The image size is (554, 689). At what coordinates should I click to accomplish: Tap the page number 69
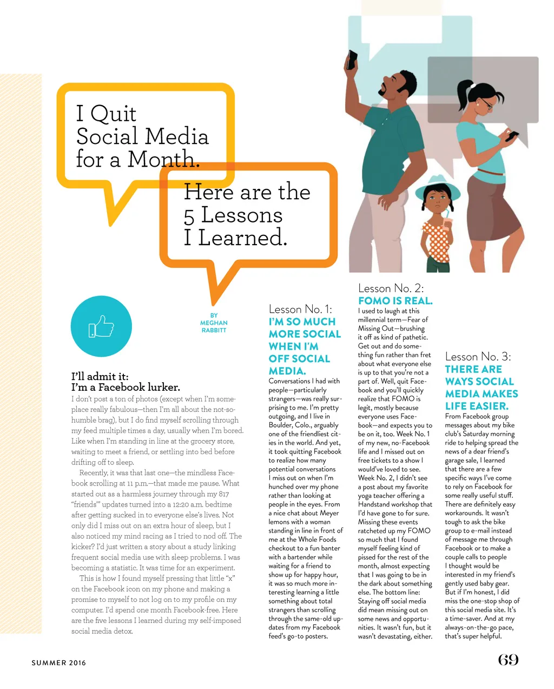pos(508,660)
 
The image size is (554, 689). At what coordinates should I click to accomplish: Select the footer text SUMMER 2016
pos(58,662)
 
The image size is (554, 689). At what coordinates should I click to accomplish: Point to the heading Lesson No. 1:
pos(300,309)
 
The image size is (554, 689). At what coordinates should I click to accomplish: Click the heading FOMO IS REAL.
pos(395,300)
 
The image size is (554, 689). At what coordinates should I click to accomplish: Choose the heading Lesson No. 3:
pos(478,356)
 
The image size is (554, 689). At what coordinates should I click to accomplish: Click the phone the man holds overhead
pos(352,60)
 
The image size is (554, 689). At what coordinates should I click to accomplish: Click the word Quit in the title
pos(113,114)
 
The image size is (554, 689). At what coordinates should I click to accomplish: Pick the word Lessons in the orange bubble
pos(242,215)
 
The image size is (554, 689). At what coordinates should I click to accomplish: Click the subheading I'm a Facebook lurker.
pos(126,387)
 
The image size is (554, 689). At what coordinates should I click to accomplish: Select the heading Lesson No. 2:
pos(391,288)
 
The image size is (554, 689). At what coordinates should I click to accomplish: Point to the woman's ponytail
pos(464,97)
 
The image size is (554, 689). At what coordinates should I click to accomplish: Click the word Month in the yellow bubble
pos(162,159)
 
